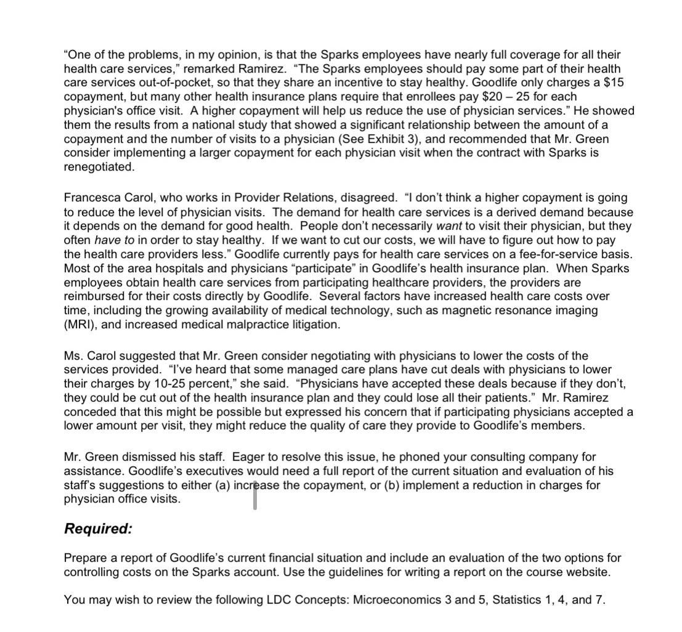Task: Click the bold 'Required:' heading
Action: (98, 529)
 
